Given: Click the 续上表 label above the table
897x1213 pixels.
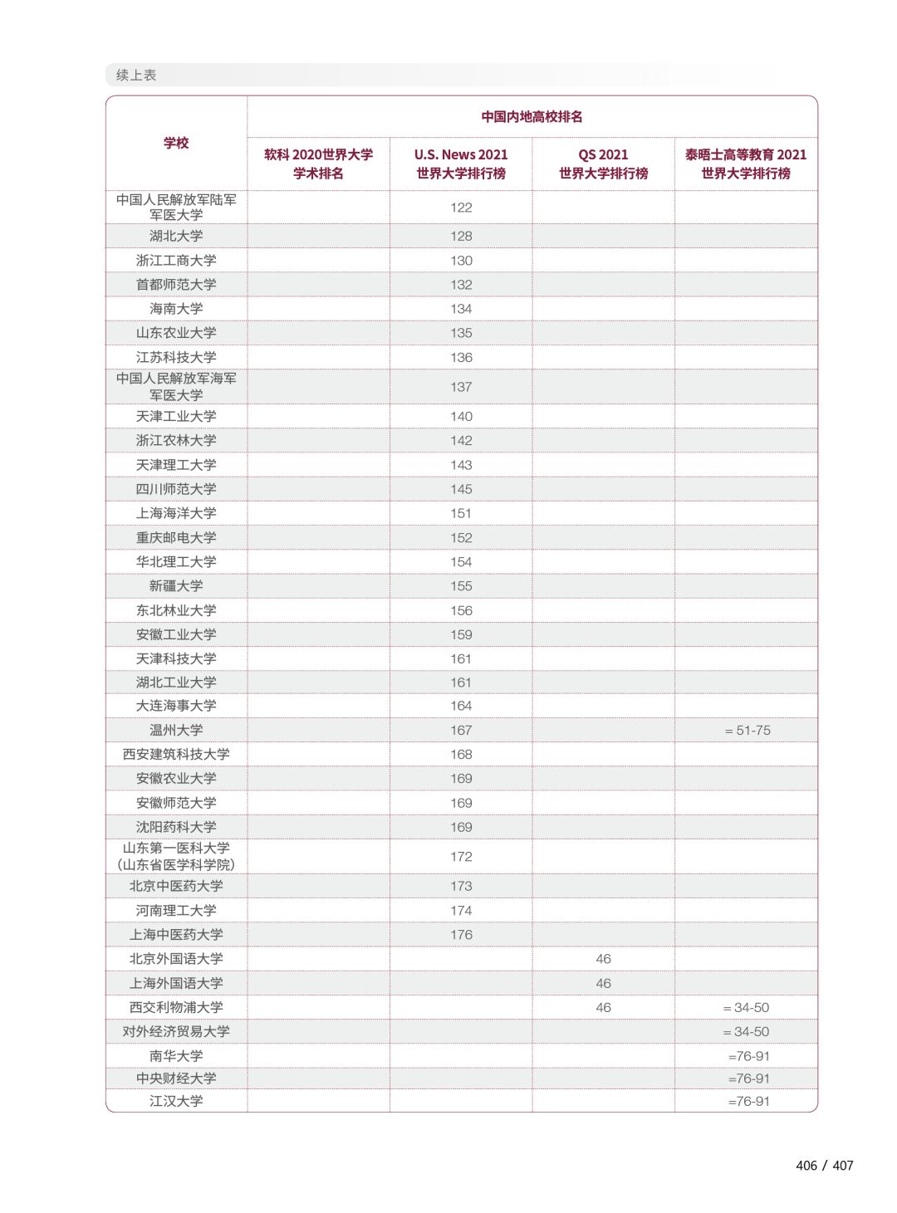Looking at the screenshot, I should click(136, 76).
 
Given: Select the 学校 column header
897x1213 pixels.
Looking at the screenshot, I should click(176, 143).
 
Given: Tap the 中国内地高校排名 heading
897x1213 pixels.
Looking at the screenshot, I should click(532, 117).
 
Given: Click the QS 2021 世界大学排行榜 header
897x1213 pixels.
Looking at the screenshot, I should click(603, 164).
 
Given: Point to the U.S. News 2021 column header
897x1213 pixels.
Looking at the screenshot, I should click(461, 164).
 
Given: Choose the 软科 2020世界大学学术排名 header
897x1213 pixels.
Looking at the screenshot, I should click(318, 164).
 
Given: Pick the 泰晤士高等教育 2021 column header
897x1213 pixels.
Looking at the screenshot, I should click(746, 164).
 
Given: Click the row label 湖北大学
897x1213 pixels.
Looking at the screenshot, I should click(176, 236).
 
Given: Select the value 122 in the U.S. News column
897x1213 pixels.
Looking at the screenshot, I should click(461, 208).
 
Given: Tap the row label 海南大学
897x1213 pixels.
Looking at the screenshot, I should click(176, 309).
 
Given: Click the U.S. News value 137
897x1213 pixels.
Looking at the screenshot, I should click(461, 387).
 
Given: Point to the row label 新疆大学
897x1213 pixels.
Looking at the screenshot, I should click(176, 586).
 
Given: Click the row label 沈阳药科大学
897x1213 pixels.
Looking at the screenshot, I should click(176, 827).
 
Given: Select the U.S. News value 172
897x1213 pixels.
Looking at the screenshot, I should click(461, 857).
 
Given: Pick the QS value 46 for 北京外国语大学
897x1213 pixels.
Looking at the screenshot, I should click(603, 959).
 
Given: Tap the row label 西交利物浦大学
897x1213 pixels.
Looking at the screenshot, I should click(176, 1007).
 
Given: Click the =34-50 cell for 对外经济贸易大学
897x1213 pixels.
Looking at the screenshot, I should click(747, 1032).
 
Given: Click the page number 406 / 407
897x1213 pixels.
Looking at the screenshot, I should click(824, 1166).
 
